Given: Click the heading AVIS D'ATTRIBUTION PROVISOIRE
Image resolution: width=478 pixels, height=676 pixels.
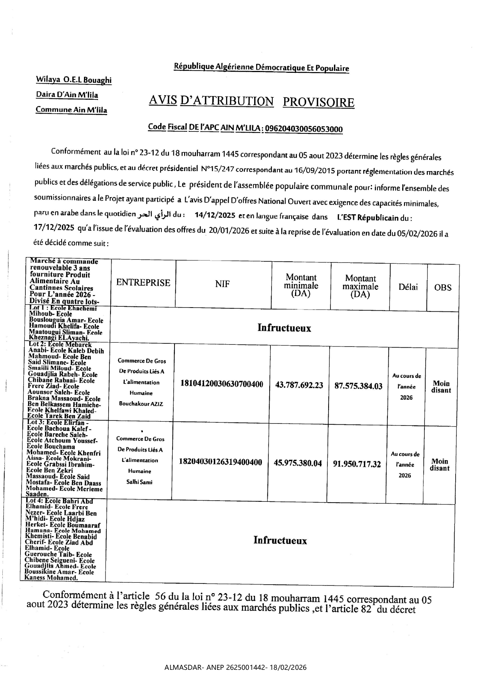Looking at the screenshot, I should point(251,102).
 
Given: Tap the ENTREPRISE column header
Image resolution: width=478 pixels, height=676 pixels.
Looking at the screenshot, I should point(143,283).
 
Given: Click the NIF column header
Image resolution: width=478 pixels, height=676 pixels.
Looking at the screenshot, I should point(222,284).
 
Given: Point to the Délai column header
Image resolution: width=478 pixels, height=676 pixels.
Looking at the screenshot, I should point(408,287).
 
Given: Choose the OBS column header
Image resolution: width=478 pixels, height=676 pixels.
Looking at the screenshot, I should point(443,288).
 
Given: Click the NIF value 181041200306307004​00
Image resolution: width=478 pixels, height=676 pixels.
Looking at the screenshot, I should point(222,384).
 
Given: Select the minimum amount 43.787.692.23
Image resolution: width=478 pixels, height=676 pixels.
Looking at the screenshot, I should point(299,385).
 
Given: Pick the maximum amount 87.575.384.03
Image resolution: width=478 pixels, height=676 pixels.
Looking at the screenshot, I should point(358,386).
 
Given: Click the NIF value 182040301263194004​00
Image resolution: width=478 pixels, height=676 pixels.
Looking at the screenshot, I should point(221,462).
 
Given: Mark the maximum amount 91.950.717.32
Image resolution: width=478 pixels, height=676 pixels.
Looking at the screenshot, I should point(357,464).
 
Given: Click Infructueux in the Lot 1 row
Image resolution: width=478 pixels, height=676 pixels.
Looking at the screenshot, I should point(284,328).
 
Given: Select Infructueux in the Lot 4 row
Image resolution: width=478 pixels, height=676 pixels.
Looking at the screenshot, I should point(280,540).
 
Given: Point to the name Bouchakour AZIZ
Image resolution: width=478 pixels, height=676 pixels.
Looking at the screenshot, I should point(141,404).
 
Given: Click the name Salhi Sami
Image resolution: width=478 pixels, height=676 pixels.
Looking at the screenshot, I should point(139,482).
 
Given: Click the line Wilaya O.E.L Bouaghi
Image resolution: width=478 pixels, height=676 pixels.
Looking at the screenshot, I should point(74,80).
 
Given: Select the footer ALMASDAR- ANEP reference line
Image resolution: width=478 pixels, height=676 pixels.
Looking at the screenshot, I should point(235,668).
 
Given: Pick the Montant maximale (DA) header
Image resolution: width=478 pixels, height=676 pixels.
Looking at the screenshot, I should point(360,286).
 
